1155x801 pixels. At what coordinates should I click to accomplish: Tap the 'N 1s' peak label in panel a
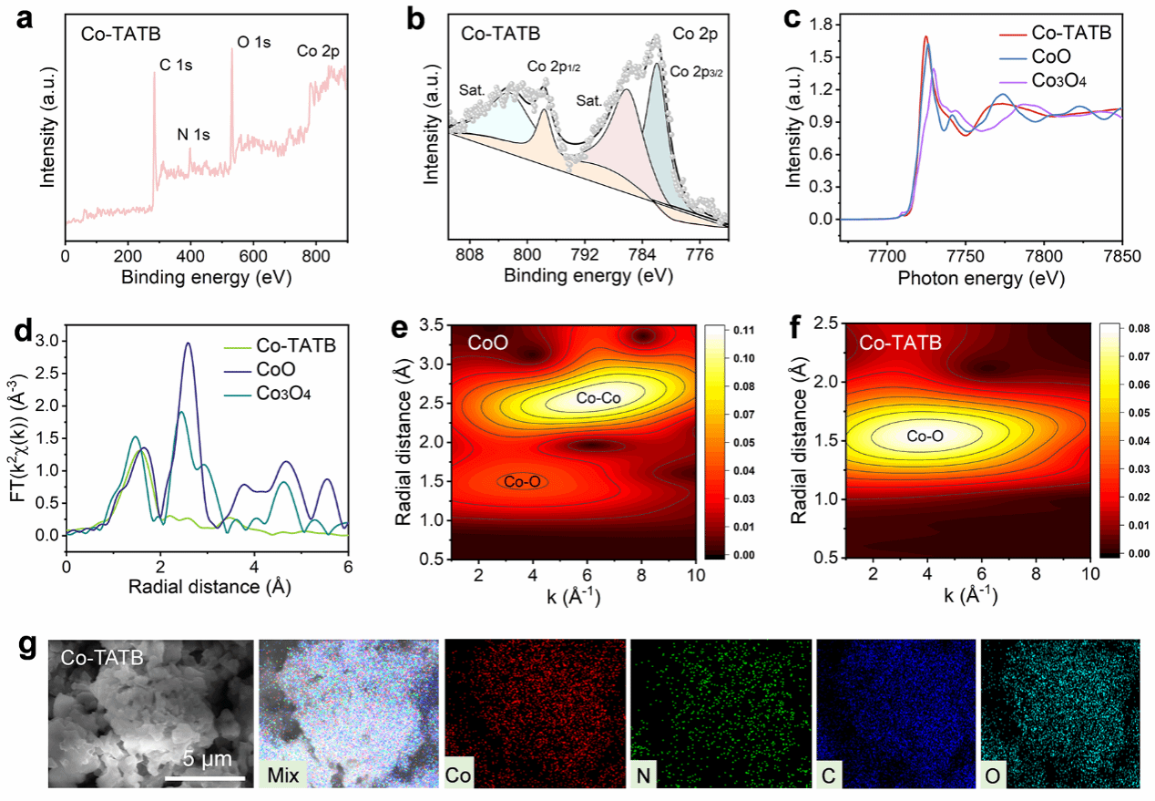click(193, 135)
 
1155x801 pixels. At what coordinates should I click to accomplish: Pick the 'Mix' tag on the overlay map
click(281, 775)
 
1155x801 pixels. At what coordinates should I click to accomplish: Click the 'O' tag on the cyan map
click(995, 775)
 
